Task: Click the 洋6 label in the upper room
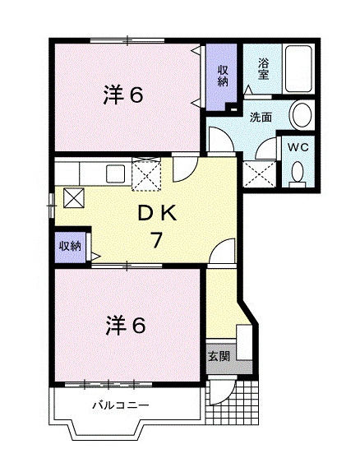pyautogui.click(x=124, y=95)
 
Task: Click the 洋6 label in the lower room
pyautogui.click(x=124, y=326)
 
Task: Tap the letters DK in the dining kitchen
pyautogui.click(x=157, y=214)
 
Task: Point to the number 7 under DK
pyautogui.click(x=155, y=241)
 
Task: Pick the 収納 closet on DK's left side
pyautogui.click(x=69, y=246)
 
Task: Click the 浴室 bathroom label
pyautogui.click(x=264, y=68)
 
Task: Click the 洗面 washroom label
pyautogui.click(x=261, y=116)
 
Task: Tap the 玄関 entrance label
pyautogui.click(x=218, y=356)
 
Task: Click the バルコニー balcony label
pyautogui.click(x=120, y=405)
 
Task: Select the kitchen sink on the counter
pyautogui.click(x=114, y=175)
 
